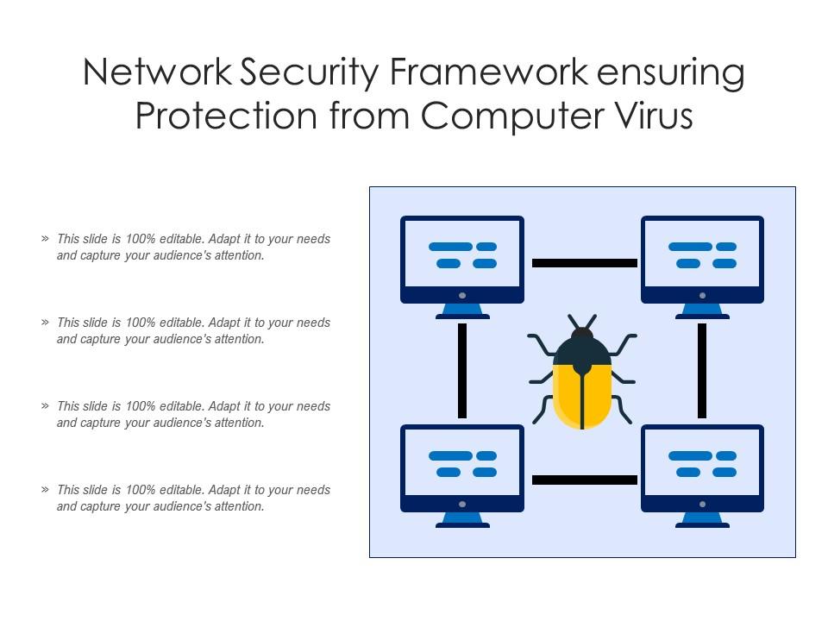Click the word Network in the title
[x=158, y=74]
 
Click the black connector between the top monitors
[x=584, y=263]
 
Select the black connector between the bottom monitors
[x=584, y=480]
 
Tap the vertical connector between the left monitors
[x=462, y=371]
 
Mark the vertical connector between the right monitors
[x=702, y=371]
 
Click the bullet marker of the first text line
[x=45, y=239]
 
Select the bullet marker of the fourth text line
[x=45, y=490]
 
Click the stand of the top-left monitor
[x=462, y=311]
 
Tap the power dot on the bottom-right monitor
[x=702, y=504]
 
